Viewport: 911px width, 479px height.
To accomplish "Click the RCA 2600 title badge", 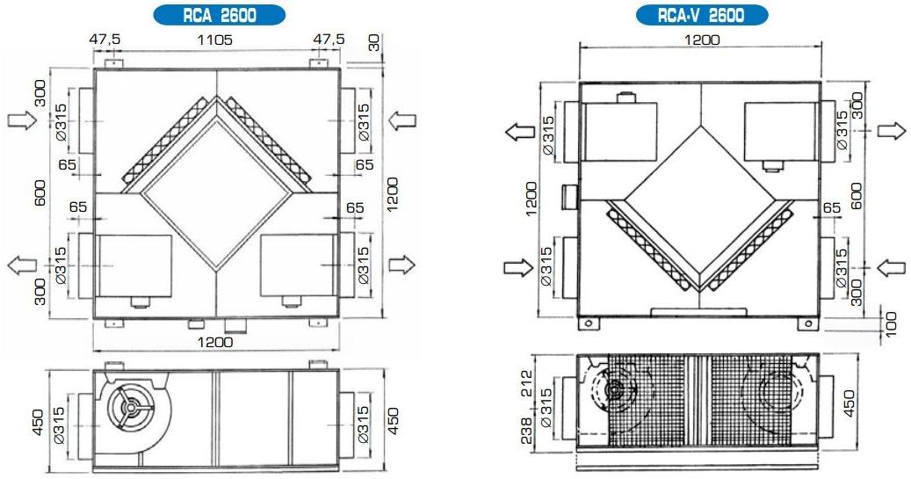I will [219, 15].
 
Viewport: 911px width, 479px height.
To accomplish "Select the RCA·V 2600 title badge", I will [700, 15].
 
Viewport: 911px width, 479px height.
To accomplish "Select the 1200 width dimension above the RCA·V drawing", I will [700, 40].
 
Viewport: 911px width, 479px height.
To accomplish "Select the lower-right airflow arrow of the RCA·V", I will [892, 265].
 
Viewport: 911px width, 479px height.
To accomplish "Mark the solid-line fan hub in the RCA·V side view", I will [615, 389].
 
